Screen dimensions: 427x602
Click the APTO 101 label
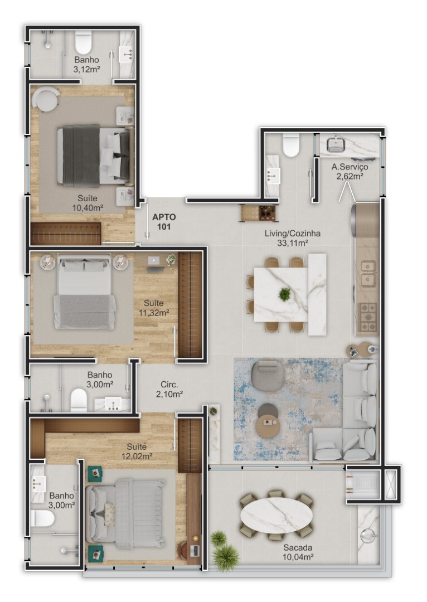164,222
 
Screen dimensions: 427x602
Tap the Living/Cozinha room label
292,233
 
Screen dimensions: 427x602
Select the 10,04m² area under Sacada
298,557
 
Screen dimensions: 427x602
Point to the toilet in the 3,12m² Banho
83,42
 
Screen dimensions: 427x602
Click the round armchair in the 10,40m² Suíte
46,99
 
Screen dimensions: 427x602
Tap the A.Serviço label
350,167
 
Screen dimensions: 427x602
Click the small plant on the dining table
284,294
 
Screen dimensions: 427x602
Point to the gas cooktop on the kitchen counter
367,317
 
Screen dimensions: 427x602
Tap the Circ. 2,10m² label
169,389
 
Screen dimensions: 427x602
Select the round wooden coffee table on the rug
268,426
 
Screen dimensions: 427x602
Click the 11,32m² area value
154,313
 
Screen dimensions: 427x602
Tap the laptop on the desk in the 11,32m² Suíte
154,261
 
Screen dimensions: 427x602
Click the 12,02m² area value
137,457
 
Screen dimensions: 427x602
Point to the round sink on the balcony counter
368,535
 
